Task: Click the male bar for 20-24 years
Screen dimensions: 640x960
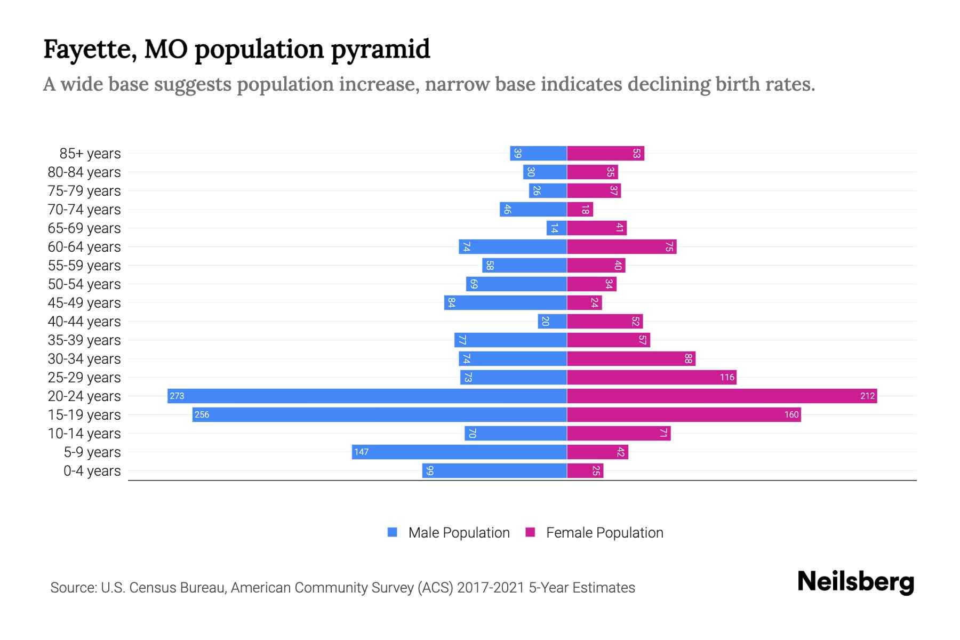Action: (367, 396)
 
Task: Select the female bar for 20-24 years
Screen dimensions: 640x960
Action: (722, 396)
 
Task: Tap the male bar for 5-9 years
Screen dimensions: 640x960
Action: (459, 452)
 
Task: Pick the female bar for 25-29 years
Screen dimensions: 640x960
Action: (651, 377)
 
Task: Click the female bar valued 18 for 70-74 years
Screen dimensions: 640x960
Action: (580, 209)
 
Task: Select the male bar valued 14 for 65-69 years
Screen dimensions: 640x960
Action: (556, 228)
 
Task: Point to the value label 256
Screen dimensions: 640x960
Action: (202, 414)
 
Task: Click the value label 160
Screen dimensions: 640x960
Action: (791, 414)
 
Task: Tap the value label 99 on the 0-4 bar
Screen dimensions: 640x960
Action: (430, 470)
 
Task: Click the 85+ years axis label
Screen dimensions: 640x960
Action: (90, 154)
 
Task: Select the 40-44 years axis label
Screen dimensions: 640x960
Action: (84, 322)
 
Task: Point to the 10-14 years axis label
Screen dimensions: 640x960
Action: (84, 434)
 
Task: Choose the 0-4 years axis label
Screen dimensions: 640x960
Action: (92, 471)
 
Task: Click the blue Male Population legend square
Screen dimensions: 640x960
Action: (393, 532)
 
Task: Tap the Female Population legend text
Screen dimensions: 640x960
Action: (604, 533)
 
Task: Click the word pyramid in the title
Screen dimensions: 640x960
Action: (380, 50)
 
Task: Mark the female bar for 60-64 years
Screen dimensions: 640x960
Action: (621, 246)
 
